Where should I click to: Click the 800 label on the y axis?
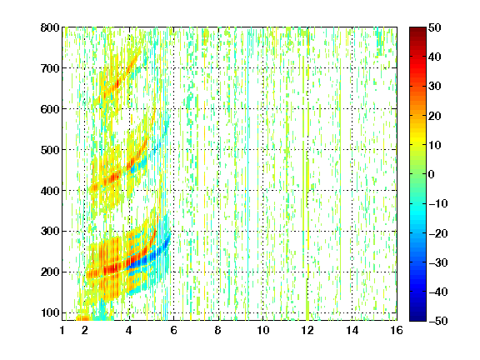50,27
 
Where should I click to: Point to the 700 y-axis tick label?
50,68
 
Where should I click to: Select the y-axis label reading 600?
50,109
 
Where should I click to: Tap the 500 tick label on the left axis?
50,150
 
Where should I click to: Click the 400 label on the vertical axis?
50,191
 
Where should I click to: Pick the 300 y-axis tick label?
50,232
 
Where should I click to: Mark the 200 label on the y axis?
50,272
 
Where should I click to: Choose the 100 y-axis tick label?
50,312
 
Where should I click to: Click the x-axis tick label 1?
62,331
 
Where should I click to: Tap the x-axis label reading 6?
174,331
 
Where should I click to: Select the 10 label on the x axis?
263,331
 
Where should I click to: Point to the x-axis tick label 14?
352,331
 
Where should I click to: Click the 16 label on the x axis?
397,331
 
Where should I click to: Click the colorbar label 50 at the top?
434,27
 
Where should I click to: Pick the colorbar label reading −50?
437,321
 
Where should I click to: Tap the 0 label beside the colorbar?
431,174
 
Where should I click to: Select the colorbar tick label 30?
434,87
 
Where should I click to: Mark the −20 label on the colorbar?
437,233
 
